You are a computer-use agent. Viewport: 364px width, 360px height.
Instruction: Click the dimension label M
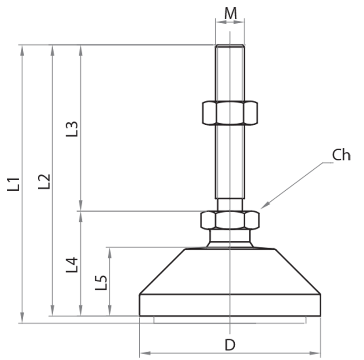point(231,14)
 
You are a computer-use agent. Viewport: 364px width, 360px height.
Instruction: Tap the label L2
point(44,181)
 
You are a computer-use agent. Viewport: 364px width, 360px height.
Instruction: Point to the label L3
point(72,129)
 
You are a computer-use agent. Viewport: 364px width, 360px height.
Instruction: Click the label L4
point(72,265)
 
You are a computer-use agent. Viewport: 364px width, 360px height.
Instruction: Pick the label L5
point(101,283)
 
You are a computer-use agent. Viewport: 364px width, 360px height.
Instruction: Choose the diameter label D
point(230,345)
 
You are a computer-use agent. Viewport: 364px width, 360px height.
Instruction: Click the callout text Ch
point(341,155)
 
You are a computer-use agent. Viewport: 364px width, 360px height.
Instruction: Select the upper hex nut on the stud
point(229,113)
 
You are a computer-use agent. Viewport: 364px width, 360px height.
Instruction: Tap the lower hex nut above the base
point(230,220)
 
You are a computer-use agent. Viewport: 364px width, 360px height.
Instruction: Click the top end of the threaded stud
point(230,46)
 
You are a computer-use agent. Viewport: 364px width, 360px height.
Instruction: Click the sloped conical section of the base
point(230,271)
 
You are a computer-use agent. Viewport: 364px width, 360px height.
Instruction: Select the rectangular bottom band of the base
point(230,305)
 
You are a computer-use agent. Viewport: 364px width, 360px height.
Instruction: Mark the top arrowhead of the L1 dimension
point(22,49)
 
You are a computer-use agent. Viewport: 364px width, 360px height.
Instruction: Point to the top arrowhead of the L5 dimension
point(109,251)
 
